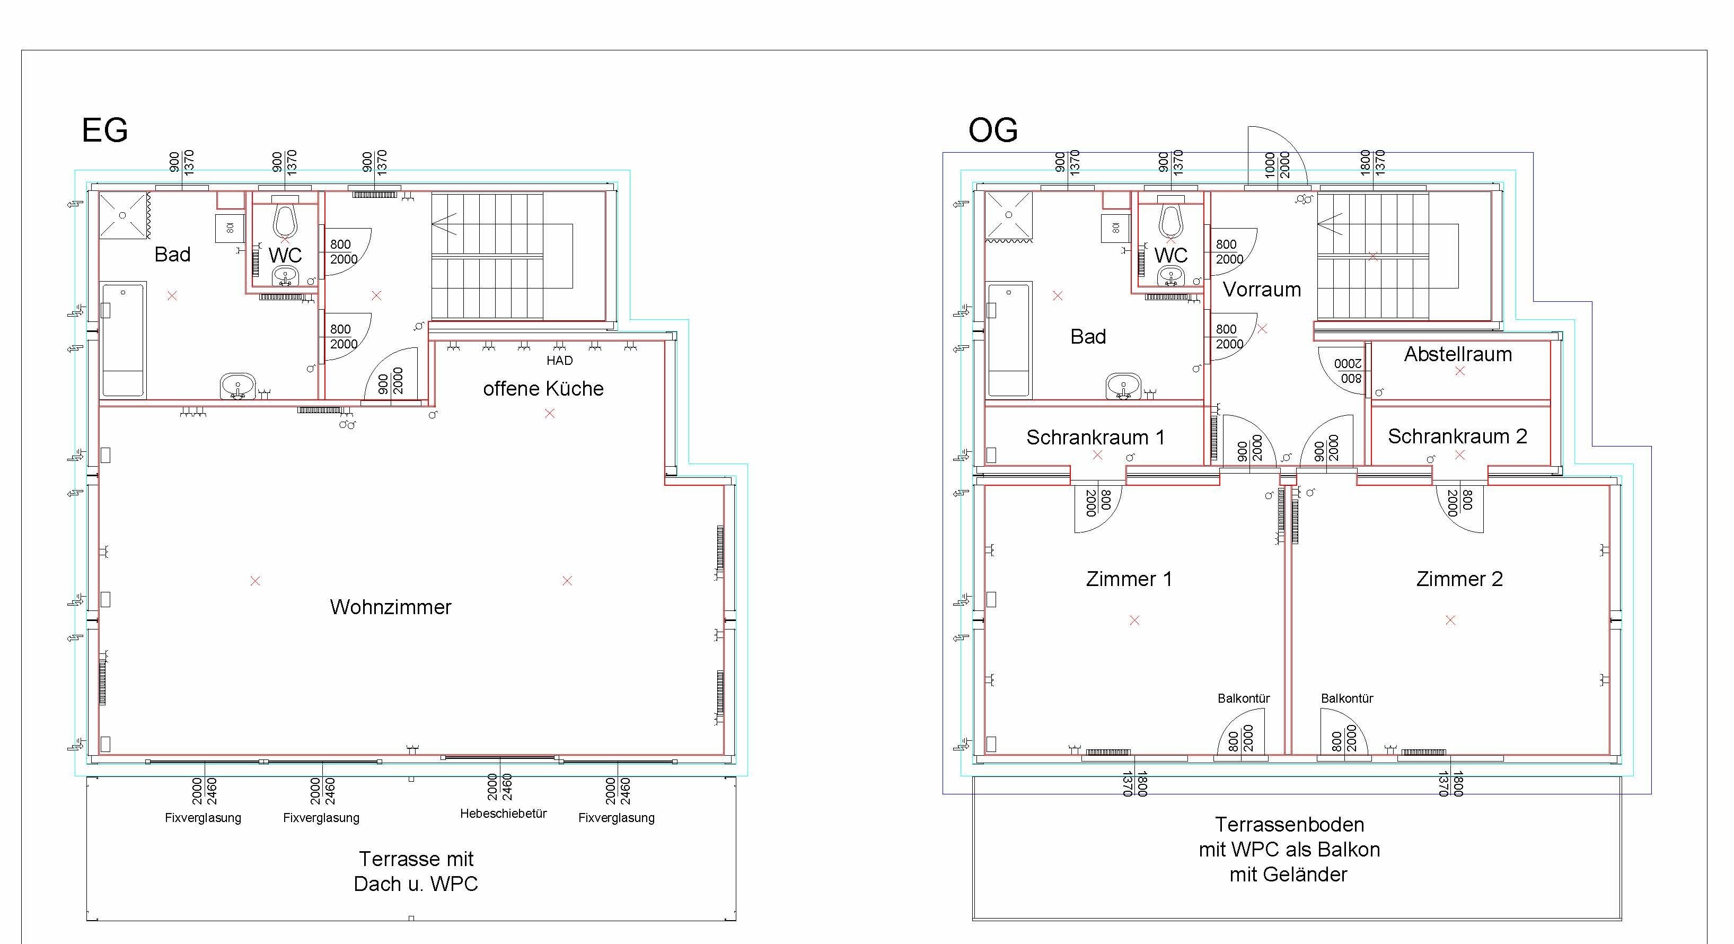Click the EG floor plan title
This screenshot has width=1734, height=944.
[104, 130]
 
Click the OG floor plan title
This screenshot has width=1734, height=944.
[993, 130]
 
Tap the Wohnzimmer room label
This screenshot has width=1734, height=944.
[390, 607]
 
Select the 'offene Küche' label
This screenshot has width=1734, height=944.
[543, 389]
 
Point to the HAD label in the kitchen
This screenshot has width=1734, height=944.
[559, 360]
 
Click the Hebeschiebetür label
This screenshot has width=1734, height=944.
[504, 814]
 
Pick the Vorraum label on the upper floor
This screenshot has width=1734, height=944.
[1262, 290]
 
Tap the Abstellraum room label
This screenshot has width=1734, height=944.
[1458, 354]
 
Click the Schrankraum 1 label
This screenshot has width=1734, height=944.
[1095, 438]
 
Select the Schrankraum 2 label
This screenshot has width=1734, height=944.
[1457, 436]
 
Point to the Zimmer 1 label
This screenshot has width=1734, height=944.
[1129, 579]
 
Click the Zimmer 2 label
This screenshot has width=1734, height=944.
[1459, 579]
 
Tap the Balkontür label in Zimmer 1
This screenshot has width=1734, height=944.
[1243, 698]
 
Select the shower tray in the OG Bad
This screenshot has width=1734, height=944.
[1008, 215]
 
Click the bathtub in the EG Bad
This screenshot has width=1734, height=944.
[123, 340]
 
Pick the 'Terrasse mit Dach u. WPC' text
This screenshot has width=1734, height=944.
[416, 871]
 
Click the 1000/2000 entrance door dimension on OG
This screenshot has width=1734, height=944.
[1277, 165]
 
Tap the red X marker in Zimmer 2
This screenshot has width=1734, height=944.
[1450, 620]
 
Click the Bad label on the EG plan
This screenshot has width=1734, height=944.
[172, 255]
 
